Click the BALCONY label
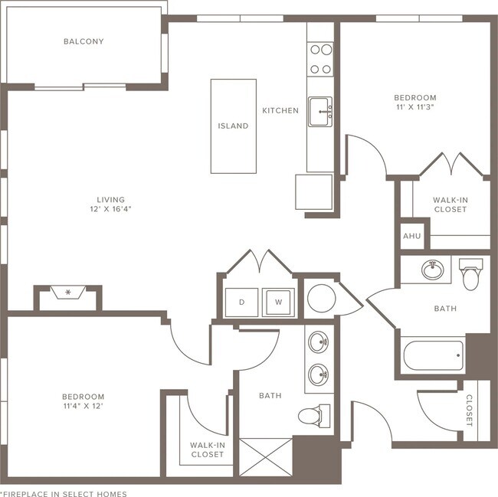(84, 41)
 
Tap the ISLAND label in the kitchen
(233, 126)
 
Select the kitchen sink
(320, 112)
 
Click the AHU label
(412, 236)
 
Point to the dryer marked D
(241, 302)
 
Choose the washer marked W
(278, 302)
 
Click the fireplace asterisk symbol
(68, 293)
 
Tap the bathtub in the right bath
(433, 355)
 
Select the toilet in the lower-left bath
(314, 415)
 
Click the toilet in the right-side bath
(470, 274)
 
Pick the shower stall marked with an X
(266, 457)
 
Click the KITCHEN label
(280, 110)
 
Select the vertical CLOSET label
(469, 410)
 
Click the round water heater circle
(322, 299)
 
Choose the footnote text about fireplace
(64, 494)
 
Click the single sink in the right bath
(433, 270)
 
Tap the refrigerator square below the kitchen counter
(314, 191)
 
